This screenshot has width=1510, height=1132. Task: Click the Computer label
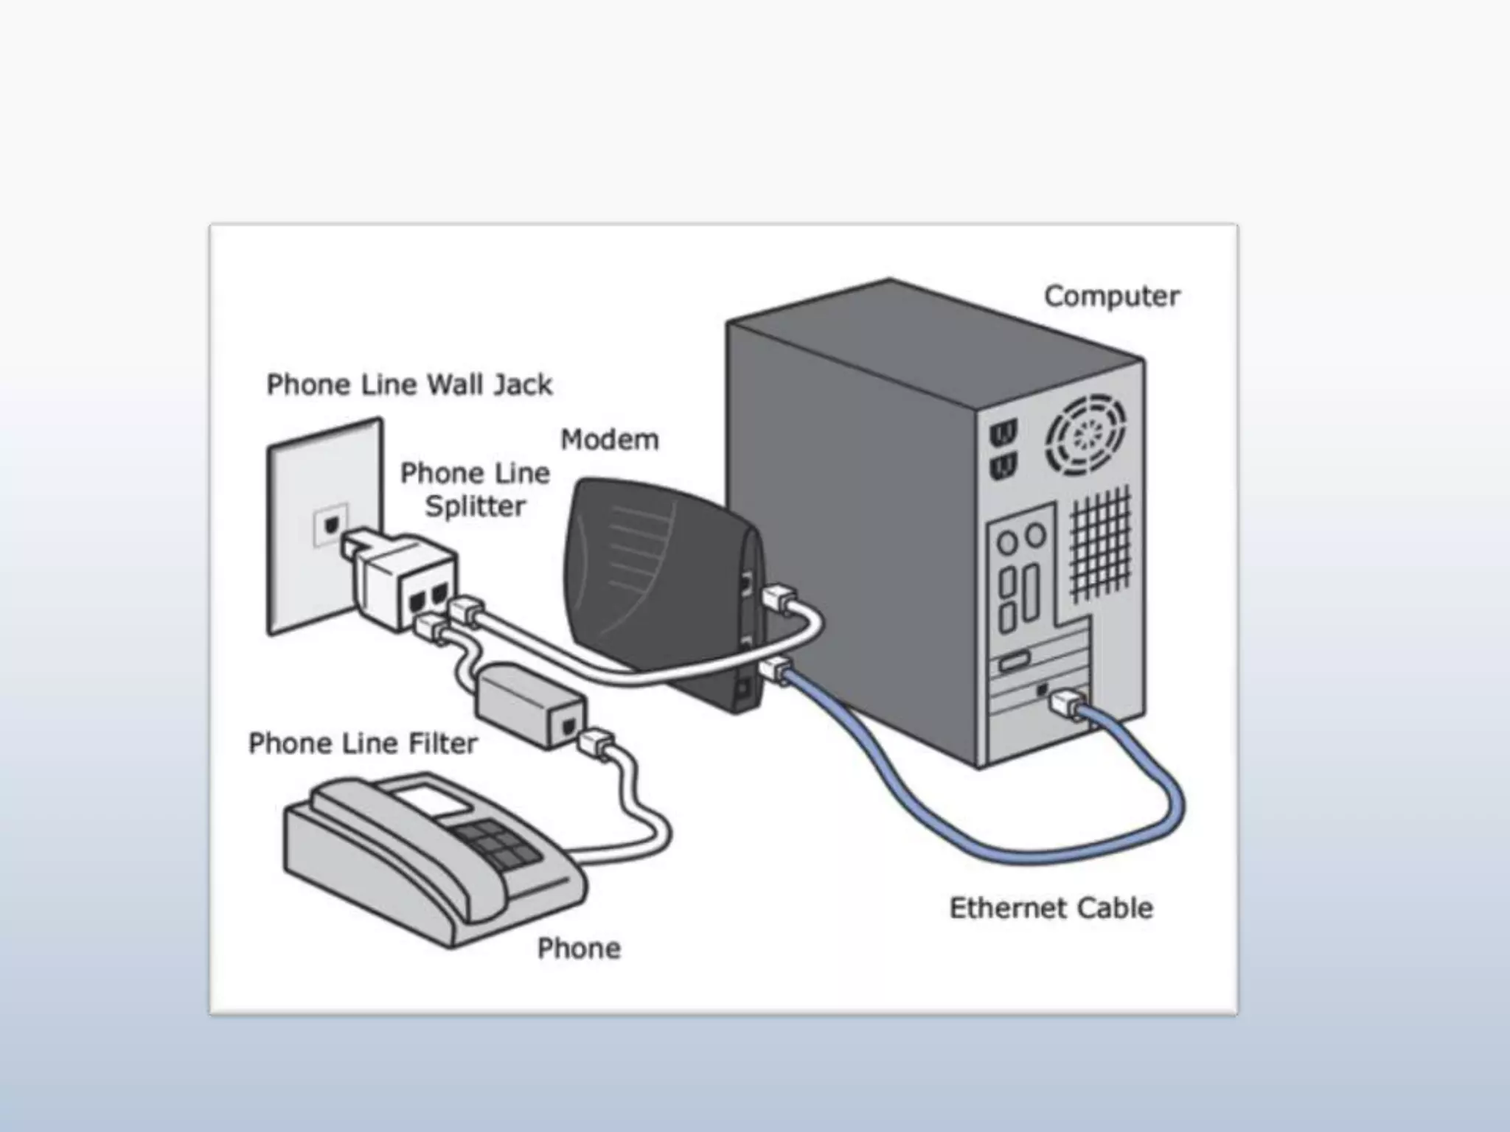[x=1111, y=296]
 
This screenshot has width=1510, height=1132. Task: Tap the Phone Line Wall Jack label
[x=409, y=385]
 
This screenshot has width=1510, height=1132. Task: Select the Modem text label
[x=609, y=439]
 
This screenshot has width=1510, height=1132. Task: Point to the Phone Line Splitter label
[x=475, y=489]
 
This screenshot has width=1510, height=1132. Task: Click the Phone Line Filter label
[x=363, y=743]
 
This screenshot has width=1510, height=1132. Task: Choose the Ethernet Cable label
[x=1051, y=908]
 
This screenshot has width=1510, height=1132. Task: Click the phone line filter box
[x=531, y=705]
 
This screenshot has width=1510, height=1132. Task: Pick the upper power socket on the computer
[x=1003, y=432]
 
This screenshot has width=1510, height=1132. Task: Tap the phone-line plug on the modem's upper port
[x=779, y=597]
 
